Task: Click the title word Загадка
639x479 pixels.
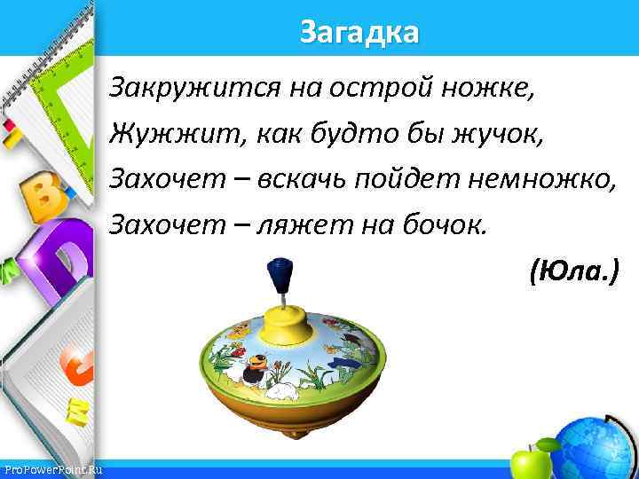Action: [x=359, y=33]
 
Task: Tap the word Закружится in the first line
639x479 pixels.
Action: [x=181, y=89]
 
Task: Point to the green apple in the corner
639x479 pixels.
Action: [x=530, y=462]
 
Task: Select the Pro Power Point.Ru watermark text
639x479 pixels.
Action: [x=53, y=469]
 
